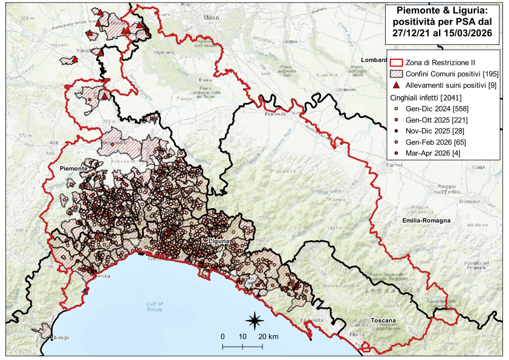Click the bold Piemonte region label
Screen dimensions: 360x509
(74, 168)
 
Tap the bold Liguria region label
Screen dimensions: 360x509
(218, 241)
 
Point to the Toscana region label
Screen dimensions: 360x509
(383, 319)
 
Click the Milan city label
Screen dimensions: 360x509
(211, 18)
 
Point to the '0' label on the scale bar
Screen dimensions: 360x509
(222, 336)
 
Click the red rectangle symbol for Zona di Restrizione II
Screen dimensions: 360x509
(397, 63)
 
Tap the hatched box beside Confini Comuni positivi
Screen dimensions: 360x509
(397, 74)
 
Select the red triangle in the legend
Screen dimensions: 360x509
(397, 85)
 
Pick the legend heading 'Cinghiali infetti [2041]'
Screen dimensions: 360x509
(427, 97)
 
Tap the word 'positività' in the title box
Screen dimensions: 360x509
(418, 22)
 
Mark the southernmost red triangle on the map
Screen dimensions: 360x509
(104, 96)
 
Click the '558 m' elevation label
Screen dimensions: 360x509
(25, 19)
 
